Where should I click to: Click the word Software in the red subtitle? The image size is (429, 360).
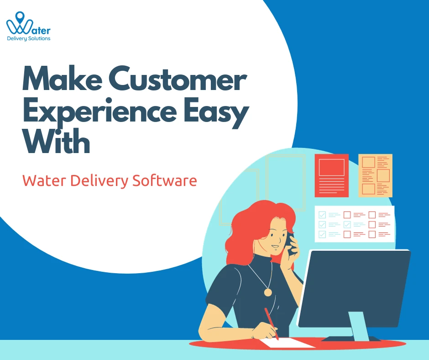pyautogui.click(x=165, y=180)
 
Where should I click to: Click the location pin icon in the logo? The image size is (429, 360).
pyautogui.click(x=20, y=19)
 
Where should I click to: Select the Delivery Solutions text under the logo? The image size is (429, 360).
pyautogui.click(x=29, y=39)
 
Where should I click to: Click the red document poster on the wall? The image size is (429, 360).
pyautogui.click(x=331, y=175)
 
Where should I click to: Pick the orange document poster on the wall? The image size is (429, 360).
pyautogui.click(x=375, y=175)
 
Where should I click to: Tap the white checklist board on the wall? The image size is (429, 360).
pyautogui.click(x=354, y=224)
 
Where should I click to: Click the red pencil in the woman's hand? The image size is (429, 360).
pyautogui.click(x=271, y=323)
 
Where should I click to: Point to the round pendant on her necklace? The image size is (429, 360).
pyautogui.click(x=268, y=292)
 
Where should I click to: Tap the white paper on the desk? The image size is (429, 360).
pyautogui.click(x=287, y=343)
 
